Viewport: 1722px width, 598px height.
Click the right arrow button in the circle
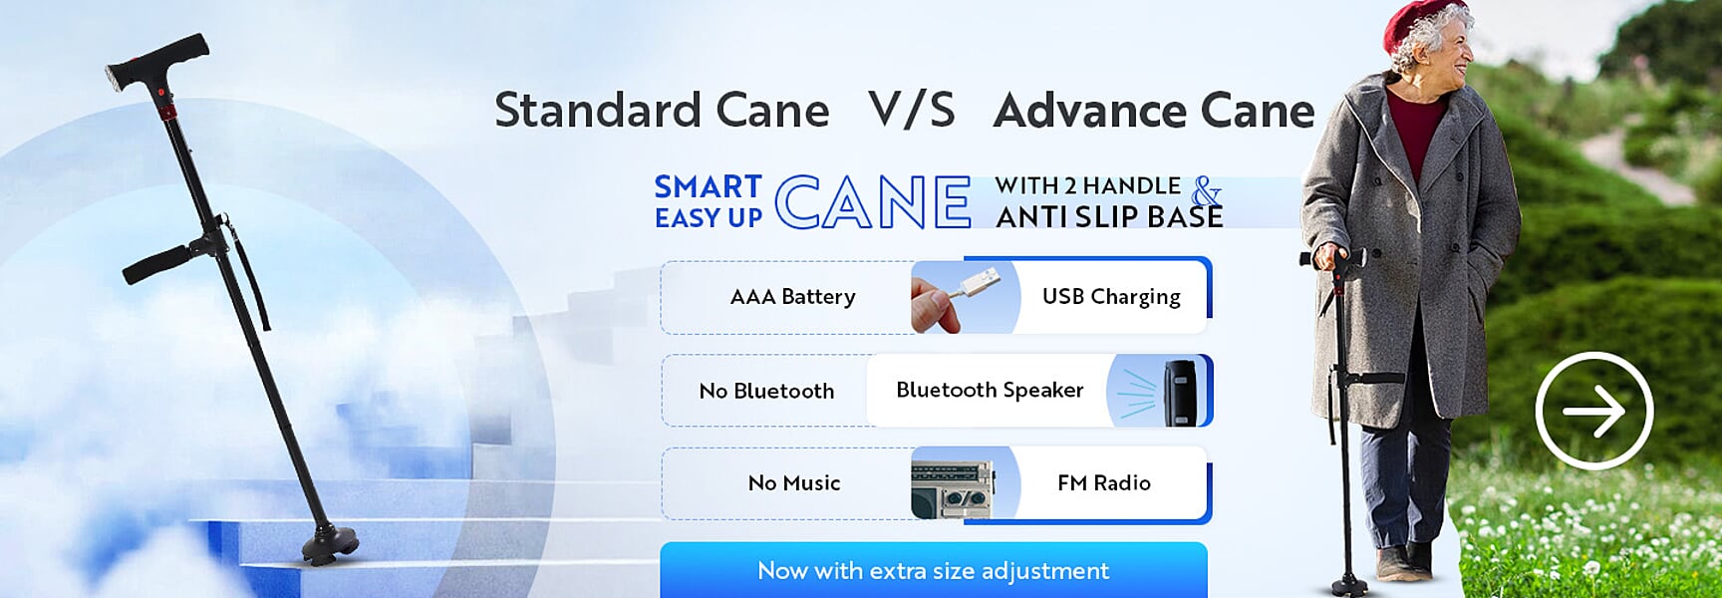[x=1593, y=411]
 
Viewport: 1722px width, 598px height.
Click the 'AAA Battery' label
[x=792, y=297]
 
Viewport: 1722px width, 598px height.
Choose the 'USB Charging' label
[x=1111, y=297]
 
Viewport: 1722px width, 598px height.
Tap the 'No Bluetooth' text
[x=766, y=392]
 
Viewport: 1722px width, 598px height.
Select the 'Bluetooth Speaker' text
[x=990, y=391]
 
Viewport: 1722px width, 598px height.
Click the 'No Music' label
[x=794, y=483]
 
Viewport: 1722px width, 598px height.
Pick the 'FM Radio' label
[x=1104, y=483]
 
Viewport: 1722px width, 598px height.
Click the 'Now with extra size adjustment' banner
[x=934, y=570]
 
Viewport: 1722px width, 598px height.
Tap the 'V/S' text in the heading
[x=912, y=110]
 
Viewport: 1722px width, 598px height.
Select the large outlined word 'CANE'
[x=872, y=202]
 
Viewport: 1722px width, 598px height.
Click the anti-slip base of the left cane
[x=332, y=544]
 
